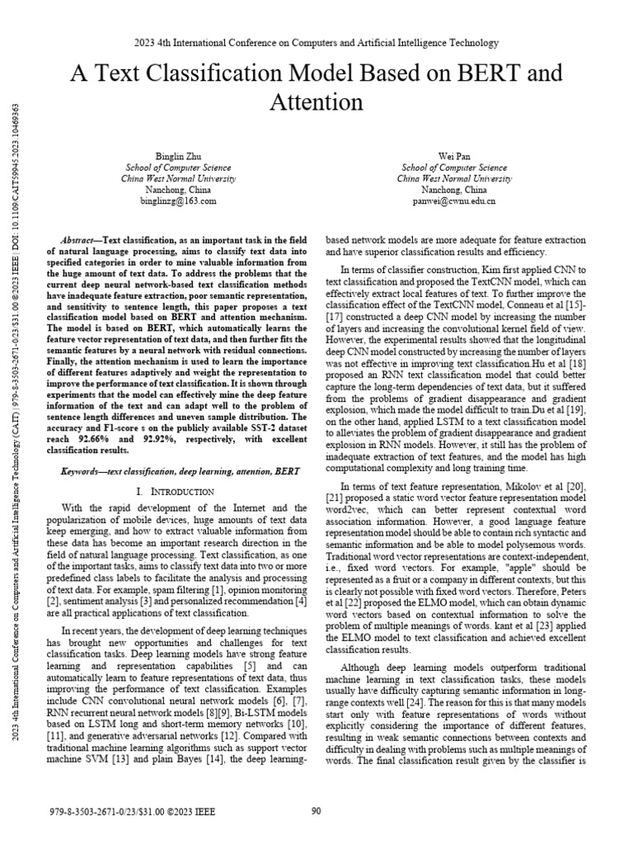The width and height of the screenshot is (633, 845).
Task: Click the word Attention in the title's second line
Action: tap(316, 102)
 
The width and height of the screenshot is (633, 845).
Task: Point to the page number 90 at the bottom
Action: tap(316, 811)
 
